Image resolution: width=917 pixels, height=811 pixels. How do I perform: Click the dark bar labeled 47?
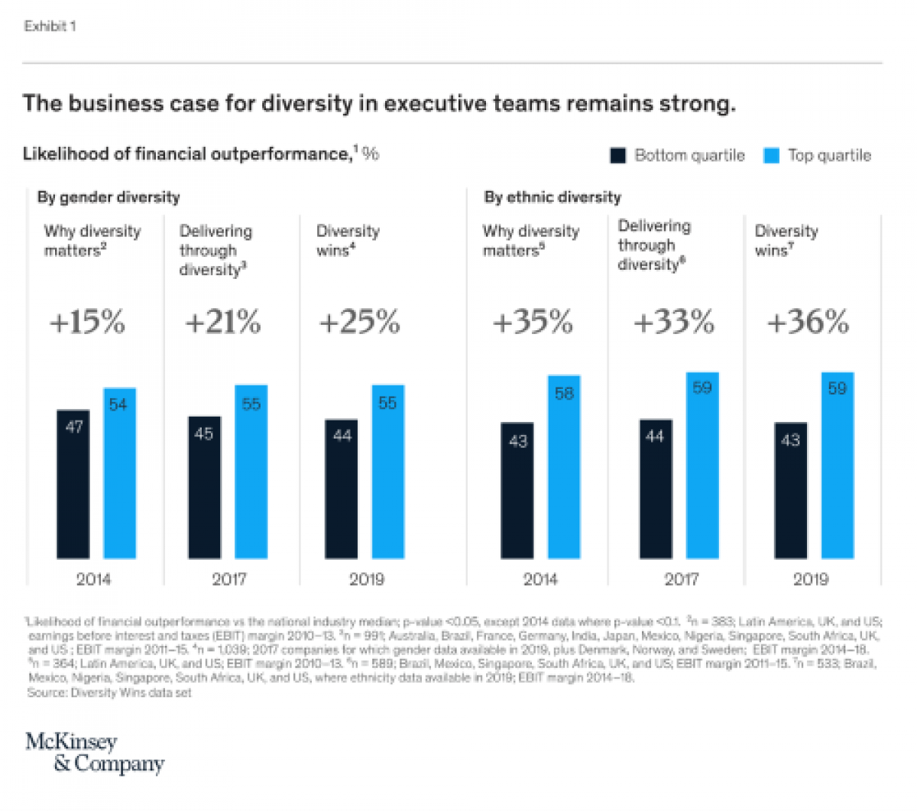pyautogui.click(x=73, y=484)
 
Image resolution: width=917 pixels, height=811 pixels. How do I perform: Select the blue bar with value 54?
pyautogui.click(x=119, y=473)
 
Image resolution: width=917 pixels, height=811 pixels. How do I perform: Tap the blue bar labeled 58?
pyautogui.click(x=564, y=467)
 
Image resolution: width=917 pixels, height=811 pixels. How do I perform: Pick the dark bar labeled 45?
pyautogui.click(x=205, y=487)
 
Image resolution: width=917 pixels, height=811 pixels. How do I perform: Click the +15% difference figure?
pyautogui.click(x=87, y=323)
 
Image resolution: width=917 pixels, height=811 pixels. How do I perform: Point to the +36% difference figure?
pyautogui.click(x=808, y=323)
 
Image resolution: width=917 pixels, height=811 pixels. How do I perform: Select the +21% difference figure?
pyautogui.click(x=223, y=323)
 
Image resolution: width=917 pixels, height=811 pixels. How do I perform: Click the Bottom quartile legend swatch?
pyautogui.click(x=617, y=156)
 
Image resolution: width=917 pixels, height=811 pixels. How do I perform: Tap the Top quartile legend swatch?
pyautogui.click(x=772, y=156)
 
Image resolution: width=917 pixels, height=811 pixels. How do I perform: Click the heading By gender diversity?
pyautogui.click(x=109, y=197)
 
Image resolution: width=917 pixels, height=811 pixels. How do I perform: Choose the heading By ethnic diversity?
pyautogui.click(x=552, y=197)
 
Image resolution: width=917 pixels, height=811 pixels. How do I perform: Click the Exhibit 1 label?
pyautogui.click(x=50, y=27)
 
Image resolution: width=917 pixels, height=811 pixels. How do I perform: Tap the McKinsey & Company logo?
pyautogui.click(x=95, y=753)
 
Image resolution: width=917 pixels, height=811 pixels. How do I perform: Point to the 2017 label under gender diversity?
pyautogui.click(x=228, y=579)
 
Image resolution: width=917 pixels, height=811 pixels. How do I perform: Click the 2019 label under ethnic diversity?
pyautogui.click(x=811, y=579)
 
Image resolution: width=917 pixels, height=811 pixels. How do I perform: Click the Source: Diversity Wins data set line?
pyautogui.click(x=109, y=693)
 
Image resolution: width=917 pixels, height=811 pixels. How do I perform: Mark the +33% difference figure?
pyautogui.click(x=674, y=323)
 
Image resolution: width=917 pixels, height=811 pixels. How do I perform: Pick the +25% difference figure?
pyautogui.click(x=359, y=323)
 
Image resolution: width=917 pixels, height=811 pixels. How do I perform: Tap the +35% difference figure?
pyautogui.click(x=533, y=323)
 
